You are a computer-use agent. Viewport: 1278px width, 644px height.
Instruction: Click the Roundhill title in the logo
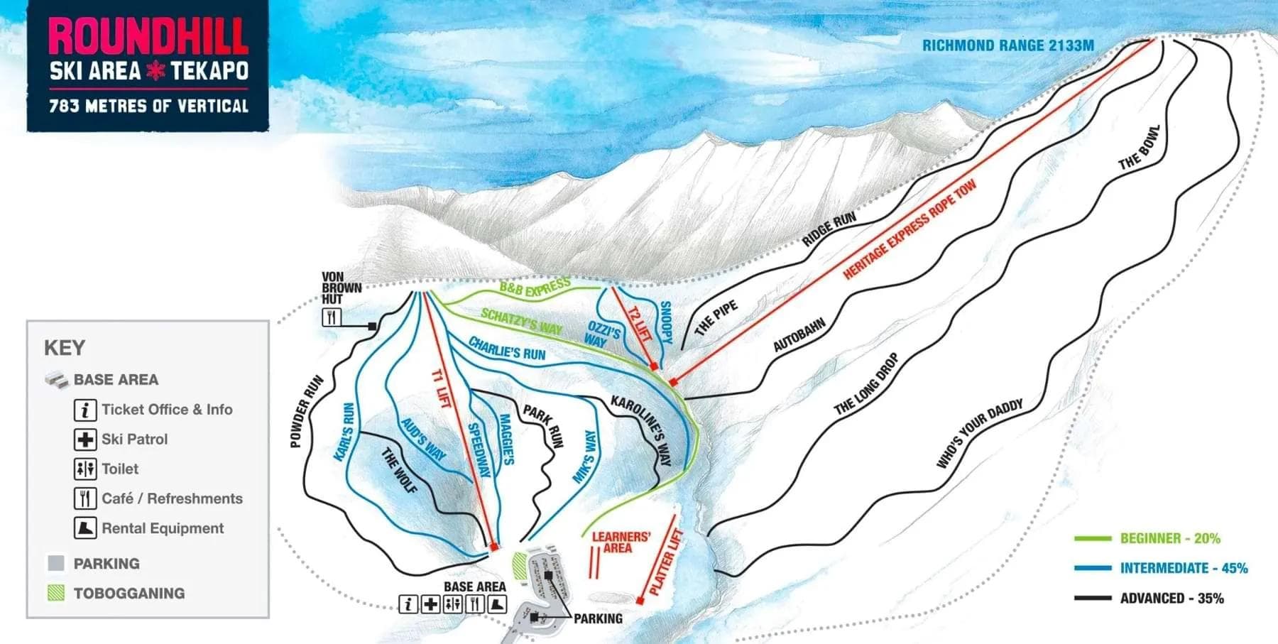(x=148, y=37)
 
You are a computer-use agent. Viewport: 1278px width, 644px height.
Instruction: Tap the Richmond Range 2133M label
(x=1007, y=45)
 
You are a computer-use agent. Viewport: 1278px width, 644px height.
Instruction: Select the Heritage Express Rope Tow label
(x=910, y=229)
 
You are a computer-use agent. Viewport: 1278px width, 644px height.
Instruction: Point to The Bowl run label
(x=1139, y=148)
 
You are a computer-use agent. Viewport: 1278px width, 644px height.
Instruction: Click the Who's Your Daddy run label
(x=979, y=433)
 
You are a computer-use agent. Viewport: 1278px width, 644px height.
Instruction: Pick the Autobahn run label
(x=799, y=335)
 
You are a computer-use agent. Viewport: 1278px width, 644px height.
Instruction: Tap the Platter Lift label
(x=665, y=562)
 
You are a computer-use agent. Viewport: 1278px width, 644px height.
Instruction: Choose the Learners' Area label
(x=621, y=542)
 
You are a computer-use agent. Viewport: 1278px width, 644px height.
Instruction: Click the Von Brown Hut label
(x=342, y=288)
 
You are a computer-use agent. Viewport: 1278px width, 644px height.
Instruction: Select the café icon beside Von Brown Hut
(x=332, y=317)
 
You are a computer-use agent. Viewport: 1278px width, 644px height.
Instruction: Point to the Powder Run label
(x=306, y=412)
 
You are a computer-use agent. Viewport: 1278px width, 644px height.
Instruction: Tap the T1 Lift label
(x=441, y=389)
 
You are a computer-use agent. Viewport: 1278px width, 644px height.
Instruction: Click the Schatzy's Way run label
(x=521, y=321)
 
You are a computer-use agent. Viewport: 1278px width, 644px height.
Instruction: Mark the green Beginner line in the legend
(x=1093, y=539)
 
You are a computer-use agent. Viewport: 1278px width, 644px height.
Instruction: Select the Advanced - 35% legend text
(x=1171, y=599)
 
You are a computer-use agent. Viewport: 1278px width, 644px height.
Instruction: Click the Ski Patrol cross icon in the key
(x=85, y=440)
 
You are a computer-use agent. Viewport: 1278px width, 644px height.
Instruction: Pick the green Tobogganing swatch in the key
(x=56, y=593)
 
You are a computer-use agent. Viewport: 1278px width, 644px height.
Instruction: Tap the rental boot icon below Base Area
(x=498, y=604)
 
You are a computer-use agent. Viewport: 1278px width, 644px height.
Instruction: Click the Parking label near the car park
(x=598, y=618)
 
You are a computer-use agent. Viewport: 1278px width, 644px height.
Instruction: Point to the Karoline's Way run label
(x=641, y=430)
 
